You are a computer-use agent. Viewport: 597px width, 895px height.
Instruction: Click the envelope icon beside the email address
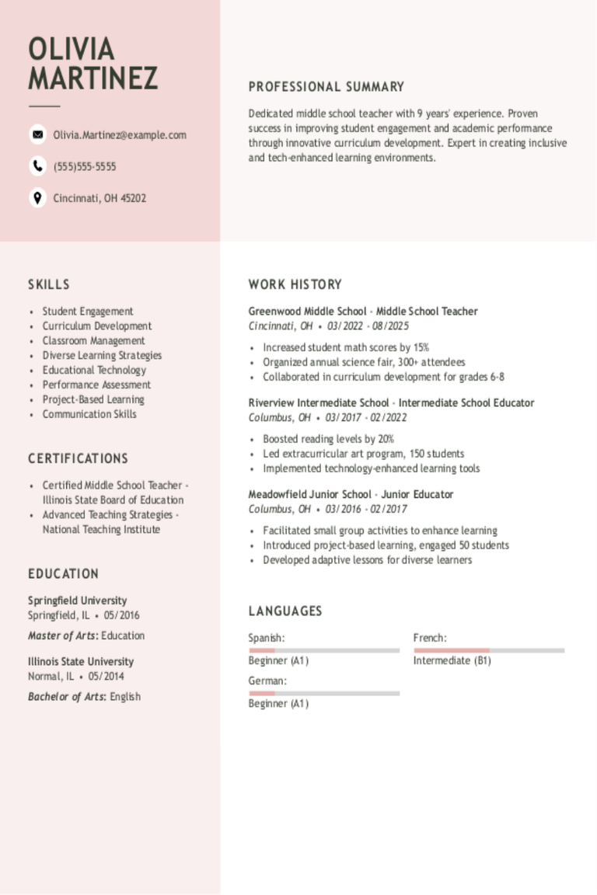click(x=37, y=134)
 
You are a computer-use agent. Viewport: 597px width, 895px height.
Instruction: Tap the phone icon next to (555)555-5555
click(x=37, y=166)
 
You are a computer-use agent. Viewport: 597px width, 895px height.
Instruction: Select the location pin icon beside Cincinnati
click(x=37, y=197)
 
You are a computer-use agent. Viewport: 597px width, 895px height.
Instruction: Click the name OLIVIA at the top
click(x=72, y=49)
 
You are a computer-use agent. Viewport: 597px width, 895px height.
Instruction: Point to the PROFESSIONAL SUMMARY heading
click(x=326, y=87)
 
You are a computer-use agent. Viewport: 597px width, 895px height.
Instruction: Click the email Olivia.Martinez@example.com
click(x=120, y=135)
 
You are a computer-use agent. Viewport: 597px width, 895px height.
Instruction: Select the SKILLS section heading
click(x=49, y=284)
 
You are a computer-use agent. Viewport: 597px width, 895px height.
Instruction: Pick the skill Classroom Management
click(x=93, y=340)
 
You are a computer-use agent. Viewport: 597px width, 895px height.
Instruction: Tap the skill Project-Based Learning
click(x=93, y=399)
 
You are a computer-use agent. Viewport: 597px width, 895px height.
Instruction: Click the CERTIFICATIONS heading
click(x=78, y=458)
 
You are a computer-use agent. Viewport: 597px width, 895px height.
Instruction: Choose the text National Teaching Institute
click(x=101, y=529)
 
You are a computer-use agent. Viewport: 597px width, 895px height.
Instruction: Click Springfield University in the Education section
click(x=77, y=601)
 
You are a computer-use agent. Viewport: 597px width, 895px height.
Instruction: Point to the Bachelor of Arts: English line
click(x=84, y=697)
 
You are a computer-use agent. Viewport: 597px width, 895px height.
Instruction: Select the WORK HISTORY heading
click(x=295, y=284)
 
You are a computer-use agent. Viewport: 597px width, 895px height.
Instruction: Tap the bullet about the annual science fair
click(x=364, y=362)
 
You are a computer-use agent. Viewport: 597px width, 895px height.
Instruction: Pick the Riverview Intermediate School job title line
click(x=391, y=402)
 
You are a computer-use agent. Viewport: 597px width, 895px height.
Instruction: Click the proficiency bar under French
click(x=489, y=650)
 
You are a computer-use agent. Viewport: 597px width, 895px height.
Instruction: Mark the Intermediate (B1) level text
click(x=452, y=660)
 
